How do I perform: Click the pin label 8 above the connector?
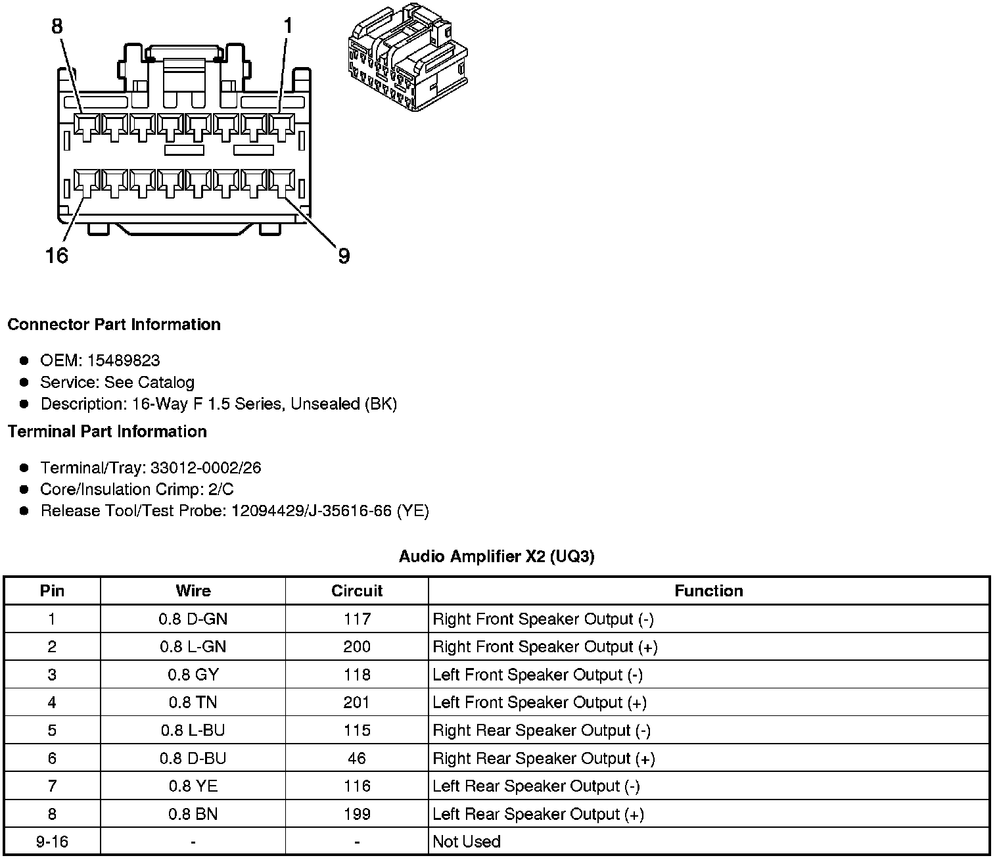point(57,26)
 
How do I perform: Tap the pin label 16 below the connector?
point(57,255)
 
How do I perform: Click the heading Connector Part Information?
point(114,325)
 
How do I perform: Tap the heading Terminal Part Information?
point(107,432)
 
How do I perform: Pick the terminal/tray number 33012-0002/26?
point(206,468)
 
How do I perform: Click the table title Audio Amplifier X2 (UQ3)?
point(496,557)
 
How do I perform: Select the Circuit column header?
point(357,591)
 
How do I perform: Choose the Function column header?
point(709,591)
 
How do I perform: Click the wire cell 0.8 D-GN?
point(193,619)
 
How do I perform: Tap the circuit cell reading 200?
point(357,647)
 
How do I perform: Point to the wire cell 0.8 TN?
point(193,703)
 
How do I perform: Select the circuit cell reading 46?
point(357,759)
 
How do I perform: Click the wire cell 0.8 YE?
point(193,786)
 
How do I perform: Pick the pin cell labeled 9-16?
point(52,842)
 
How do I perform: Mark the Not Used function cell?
point(467,842)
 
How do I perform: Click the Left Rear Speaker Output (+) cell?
point(538,815)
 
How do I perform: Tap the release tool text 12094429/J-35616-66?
point(311,511)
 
